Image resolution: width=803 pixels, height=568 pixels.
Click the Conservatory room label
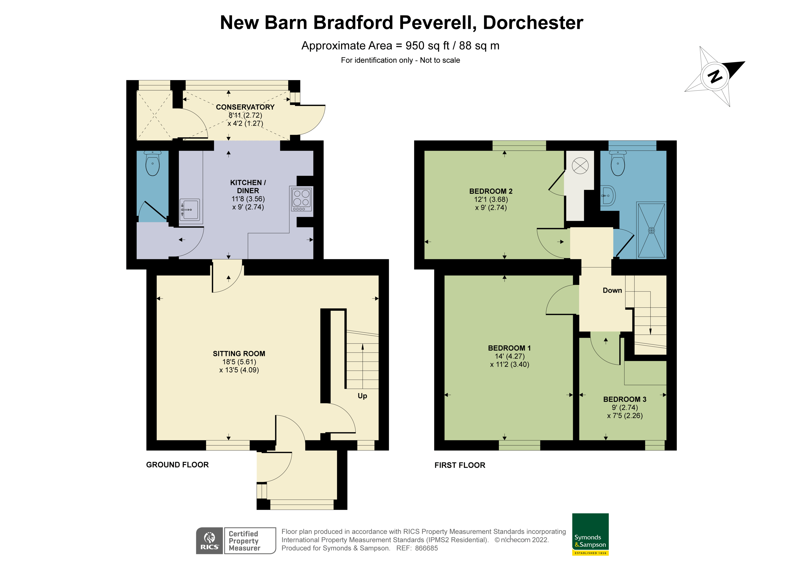(x=245, y=107)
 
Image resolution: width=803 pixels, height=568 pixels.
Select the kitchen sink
(x=190, y=210)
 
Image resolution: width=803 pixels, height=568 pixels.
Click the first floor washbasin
(x=608, y=196)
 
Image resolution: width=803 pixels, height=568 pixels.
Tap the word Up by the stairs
(x=362, y=396)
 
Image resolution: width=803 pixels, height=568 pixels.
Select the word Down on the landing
(x=612, y=291)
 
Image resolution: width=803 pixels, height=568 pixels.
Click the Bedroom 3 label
(x=625, y=399)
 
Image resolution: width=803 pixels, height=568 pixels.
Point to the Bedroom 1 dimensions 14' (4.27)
(x=510, y=356)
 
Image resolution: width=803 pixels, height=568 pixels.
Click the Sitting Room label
(x=239, y=354)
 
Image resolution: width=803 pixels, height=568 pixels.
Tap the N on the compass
(x=715, y=76)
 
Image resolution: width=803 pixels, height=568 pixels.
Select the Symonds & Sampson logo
(x=590, y=534)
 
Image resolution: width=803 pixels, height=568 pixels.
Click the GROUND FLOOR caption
(x=177, y=465)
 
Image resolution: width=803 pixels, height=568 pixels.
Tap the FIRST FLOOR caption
(x=459, y=465)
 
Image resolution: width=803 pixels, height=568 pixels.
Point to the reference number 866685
(x=426, y=548)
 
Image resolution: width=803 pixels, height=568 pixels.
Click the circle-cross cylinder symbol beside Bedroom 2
(x=580, y=166)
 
